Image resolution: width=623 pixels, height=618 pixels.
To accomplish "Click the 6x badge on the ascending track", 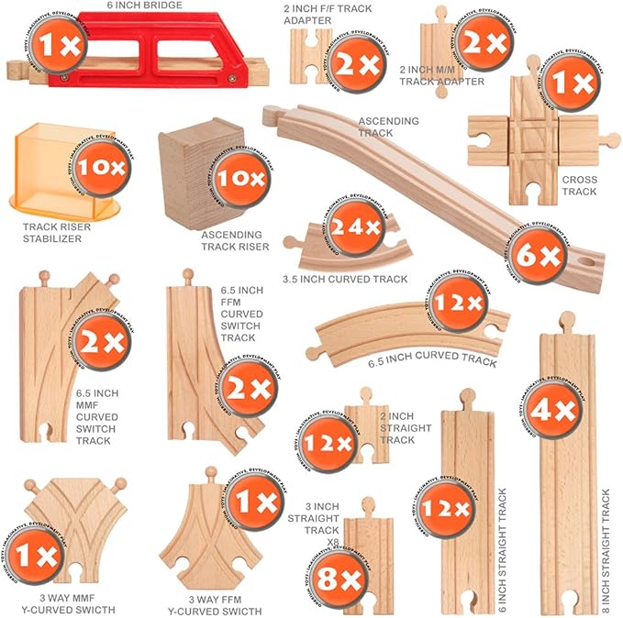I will pos(538,256).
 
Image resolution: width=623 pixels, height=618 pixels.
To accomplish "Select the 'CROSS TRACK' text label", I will pos(579,185).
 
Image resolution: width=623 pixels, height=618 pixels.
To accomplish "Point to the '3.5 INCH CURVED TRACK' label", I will pos(346,278).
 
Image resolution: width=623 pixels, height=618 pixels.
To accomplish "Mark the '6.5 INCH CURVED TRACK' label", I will pos(432,357).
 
